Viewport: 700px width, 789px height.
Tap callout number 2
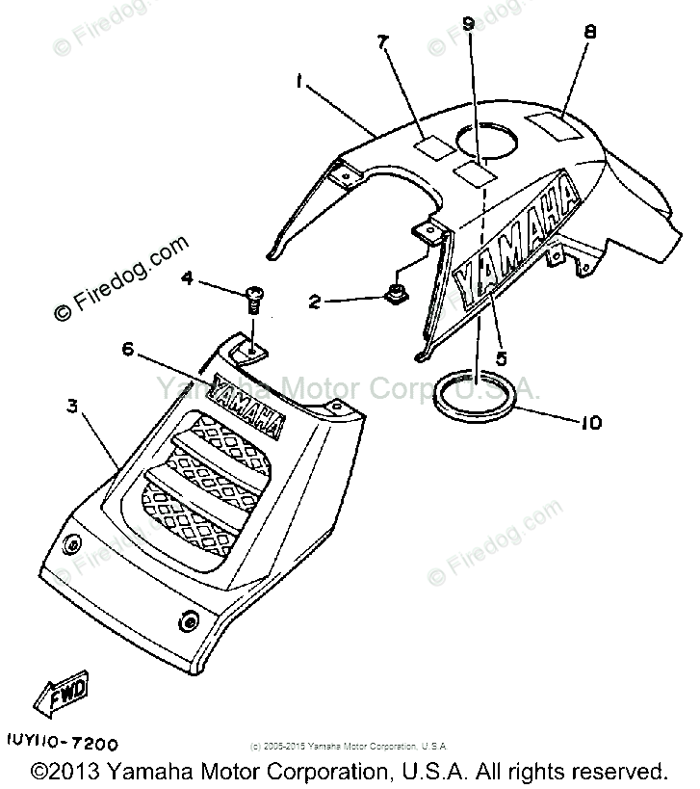(x=314, y=302)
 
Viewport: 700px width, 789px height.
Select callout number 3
(x=71, y=408)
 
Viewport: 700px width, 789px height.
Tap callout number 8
(x=590, y=32)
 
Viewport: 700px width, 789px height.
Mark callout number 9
(x=469, y=25)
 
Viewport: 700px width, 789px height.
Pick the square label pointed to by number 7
(x=432, y=146)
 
